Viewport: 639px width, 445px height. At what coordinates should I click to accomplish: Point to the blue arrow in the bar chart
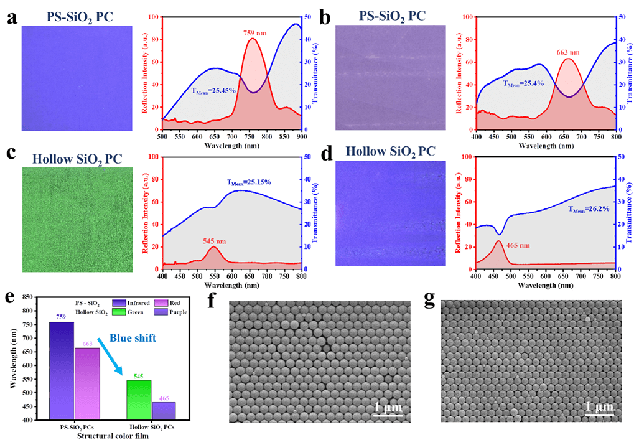115,354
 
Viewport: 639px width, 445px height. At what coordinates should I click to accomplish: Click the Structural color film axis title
112,436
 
